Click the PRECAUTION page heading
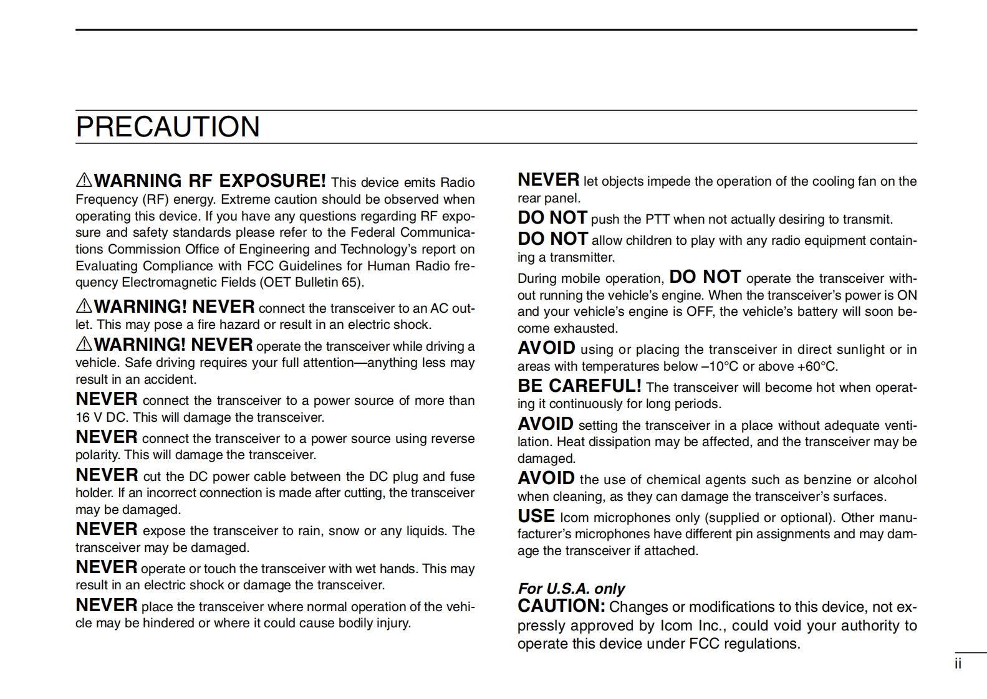[x=168, y=127]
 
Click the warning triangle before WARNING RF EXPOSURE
[x=84, y=181]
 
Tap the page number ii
[x=958, y=664]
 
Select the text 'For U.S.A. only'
[x=571, y=589]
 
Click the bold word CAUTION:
[x=561, y=606]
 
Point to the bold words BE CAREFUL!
[x=579, y=386]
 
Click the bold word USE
[x=536, y=516]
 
